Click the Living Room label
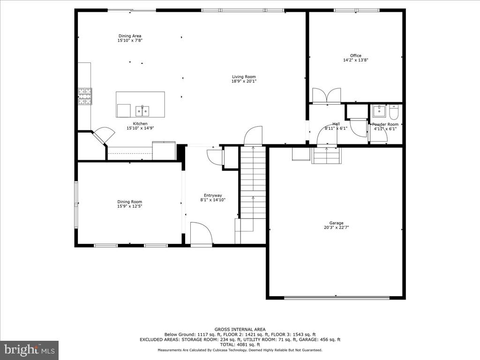point(244,77)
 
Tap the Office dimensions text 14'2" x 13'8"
point(356,60)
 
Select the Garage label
point(336,223)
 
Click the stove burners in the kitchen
point(85,96)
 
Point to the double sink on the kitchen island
point(142,111)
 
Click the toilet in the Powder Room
point(393,113)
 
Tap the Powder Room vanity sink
point(379,112)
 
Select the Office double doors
point(327,96)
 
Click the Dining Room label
point(130,202)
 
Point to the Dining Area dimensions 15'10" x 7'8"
point(130,41)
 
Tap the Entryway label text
point(213,195)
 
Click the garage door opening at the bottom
point(337,297)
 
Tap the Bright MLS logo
point(29,350)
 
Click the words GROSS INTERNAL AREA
point(240,329)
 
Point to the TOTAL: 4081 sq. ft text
point(240,345)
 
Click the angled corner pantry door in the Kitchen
point(103,135)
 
